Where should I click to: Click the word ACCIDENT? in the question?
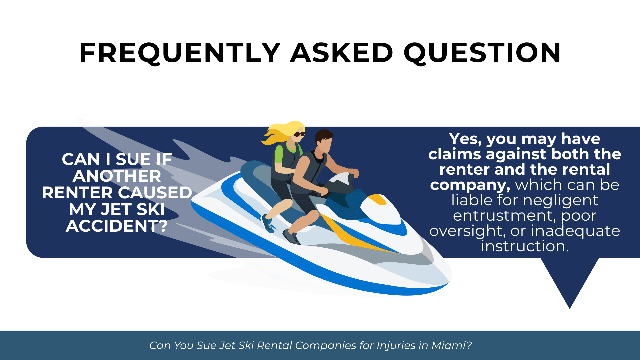click(117, 226)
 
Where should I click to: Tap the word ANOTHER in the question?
click(117, 176)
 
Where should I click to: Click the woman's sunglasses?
click(299, 134)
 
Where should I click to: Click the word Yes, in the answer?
click(465, 139)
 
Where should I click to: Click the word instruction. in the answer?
click(525, 246)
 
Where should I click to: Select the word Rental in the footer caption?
click(274, 345)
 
